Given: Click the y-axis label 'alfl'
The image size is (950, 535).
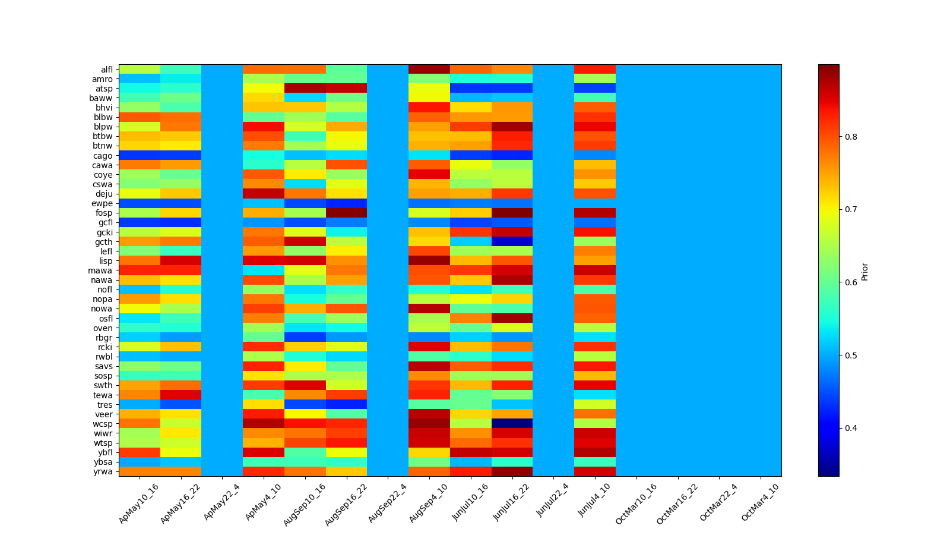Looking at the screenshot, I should (x=106, y=70).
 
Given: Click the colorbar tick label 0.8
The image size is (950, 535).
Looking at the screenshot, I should (x=850, y=137).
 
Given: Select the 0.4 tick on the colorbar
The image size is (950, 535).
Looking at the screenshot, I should (x=850, y=428).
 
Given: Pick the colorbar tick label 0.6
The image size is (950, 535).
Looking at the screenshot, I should (x=850, y=282).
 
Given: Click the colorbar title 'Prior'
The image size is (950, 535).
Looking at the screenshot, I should (x=865, y=270).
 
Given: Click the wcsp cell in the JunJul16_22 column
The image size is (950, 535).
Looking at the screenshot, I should (x=512, y=424).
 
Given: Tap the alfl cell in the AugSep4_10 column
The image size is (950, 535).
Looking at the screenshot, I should (x=429, y=70).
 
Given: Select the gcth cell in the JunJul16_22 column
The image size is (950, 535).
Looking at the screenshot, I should (x=512, y=242).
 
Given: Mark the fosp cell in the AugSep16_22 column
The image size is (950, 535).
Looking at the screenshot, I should (x=346, y=213).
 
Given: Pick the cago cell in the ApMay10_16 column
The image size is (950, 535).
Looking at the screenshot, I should (x=140, y=156).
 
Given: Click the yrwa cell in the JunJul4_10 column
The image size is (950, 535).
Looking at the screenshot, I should (x=595, y=471).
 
